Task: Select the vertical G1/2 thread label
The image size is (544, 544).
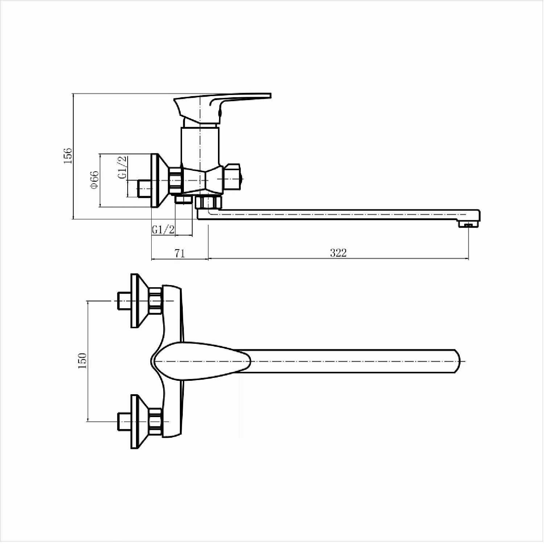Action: coord(123,167)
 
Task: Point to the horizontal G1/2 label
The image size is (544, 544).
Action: coord(163,229)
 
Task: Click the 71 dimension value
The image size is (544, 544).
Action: coord(180,253)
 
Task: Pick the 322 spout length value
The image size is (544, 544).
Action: coord(338,253)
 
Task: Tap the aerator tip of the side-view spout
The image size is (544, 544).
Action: coord(468,225)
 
